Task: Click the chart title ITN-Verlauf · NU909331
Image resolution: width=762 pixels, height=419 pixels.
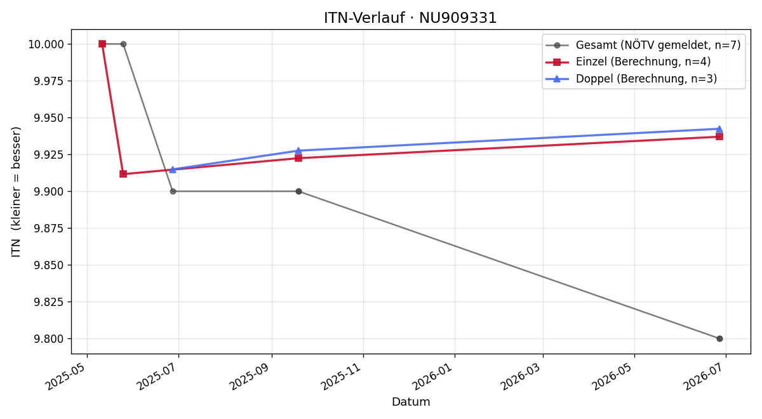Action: [410, 18]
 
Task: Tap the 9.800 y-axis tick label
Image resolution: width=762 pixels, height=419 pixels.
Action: [49, 339]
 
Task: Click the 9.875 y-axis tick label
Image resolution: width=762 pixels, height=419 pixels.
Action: [49, 228]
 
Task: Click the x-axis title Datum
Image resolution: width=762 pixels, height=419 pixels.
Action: [411, 402]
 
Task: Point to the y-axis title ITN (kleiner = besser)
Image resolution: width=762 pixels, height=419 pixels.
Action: [16, 192]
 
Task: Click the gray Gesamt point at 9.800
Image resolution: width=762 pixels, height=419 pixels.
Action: [719, 339]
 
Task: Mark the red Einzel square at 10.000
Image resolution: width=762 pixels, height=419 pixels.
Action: [102, 44]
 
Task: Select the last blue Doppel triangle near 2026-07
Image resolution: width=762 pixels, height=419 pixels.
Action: [719, 129]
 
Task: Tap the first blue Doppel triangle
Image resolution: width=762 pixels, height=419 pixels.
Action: [173, 170]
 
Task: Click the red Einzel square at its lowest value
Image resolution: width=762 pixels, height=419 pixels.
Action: [123, 174]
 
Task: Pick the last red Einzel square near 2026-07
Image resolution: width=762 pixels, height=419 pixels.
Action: [719, 136]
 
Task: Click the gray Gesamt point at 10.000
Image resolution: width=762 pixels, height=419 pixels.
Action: [123, 44]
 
